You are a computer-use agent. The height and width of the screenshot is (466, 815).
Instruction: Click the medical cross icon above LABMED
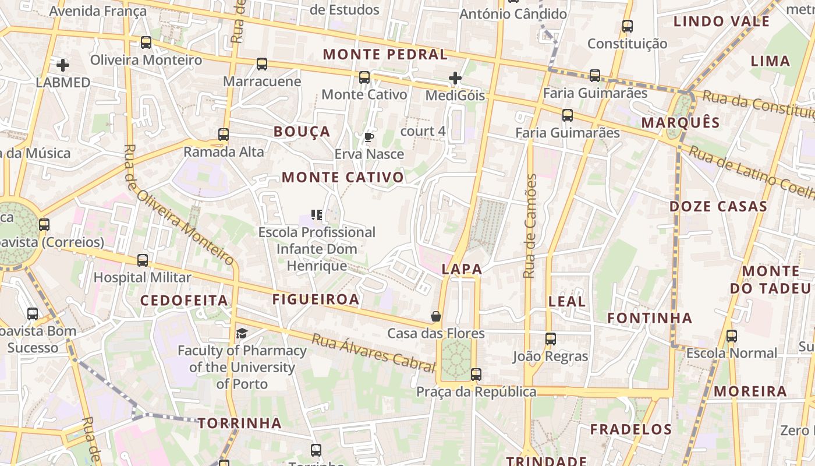(x=63, y=65)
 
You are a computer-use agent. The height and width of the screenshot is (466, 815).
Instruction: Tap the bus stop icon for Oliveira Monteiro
(x=146, y=43)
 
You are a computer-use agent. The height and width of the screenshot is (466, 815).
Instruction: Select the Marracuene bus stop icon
(x=262, y=64)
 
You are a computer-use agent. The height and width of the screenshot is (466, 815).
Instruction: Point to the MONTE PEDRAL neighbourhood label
(x=385, y=55)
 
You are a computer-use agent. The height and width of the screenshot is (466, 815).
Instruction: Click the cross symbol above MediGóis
(x=455, y=77)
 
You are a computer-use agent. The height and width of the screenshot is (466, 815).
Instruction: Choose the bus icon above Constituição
(x=627, y=26)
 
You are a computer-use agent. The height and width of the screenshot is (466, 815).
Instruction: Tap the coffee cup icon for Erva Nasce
(x=368, y=137)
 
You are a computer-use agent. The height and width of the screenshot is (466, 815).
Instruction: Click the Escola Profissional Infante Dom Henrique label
(x=317, y=249)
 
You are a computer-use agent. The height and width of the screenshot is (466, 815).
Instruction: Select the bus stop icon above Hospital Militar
(x=143, y=260)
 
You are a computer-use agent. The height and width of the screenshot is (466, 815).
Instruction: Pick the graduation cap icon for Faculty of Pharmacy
(x=242, y=333)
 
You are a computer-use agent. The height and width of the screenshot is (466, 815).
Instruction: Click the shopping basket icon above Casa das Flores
(x=436, y=316)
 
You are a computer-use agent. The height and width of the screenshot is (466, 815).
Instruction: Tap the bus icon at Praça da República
(x=476, y=375)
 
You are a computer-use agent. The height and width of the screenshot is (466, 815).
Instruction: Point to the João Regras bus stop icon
(x=550, y=338)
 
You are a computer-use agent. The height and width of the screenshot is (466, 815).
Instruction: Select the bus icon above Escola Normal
(x=732, y=336)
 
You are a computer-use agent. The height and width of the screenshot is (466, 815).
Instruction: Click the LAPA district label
(x=462, y=269)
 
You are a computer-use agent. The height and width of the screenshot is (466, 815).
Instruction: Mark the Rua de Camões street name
(x=529, y=226)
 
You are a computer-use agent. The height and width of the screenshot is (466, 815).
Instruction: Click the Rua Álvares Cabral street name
(x=373, y=352)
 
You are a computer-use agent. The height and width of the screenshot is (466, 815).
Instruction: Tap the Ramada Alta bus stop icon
(x=224, y=135)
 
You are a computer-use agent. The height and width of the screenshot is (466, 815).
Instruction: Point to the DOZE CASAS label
(x=718, y=207)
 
